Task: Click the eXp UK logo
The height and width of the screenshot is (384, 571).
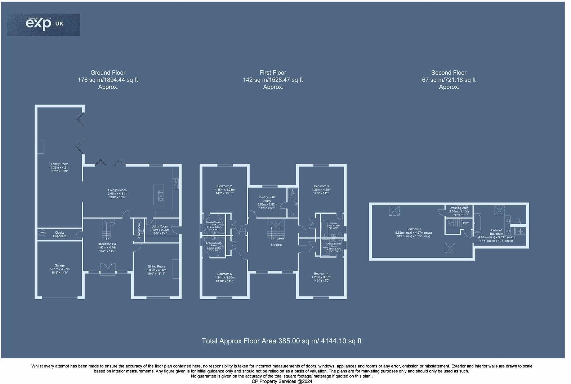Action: (44, 24)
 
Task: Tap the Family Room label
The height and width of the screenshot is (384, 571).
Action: (59, 167)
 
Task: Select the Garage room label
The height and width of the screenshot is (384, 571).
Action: (60, 269)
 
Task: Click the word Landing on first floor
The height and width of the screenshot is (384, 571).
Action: (276, 245)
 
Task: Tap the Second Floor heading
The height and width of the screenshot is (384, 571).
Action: (449, 73)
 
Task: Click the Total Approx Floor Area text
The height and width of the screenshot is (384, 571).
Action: (281, 341)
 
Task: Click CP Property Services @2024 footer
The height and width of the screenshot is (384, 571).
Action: (282, 381)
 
